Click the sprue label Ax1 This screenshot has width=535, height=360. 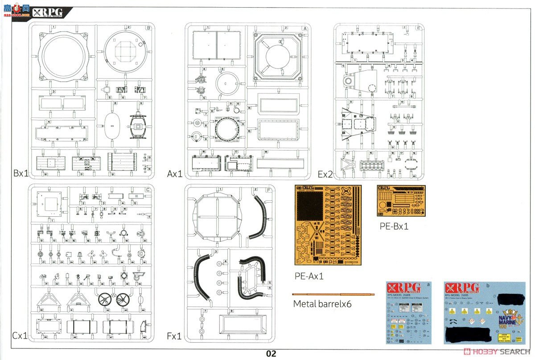(x=175, y=173)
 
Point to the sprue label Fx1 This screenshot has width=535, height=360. (x=174, y=335)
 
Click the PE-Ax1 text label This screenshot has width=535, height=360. (x=309, y=276)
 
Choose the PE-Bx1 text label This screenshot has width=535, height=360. (x=394, y=226)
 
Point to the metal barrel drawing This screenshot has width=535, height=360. (x=333, y=294)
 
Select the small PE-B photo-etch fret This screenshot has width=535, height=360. (x=401, y=200)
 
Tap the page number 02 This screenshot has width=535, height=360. (x=271, y=354)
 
